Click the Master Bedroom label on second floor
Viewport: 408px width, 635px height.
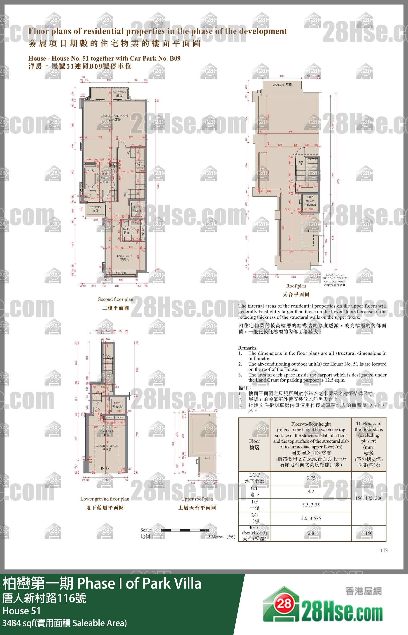pyautogui.click(x=114, y=118)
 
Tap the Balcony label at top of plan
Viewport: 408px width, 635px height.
pyautogui.click(x=119, y=94)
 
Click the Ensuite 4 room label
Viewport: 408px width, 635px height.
pyautogui.click(x=124, y=257)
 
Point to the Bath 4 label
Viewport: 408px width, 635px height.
pyautogui.click(x=128, y=231)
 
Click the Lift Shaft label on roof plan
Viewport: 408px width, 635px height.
pyautogui.click(x=310, y=201)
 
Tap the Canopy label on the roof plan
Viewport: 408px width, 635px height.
pyautogui.click(x=282, y=85)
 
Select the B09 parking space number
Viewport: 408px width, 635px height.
pyautogui.click(x=105, y=468)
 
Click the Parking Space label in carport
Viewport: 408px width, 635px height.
pyautogui.click(x=107, y=447)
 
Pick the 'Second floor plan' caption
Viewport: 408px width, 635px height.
pyautogui.click(x=116, y=299)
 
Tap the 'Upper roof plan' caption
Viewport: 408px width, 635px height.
pyautogui.click(x=197, y=499)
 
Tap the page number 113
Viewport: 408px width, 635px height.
pyautogui.click(x=384, y=550)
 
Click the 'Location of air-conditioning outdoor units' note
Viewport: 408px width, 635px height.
pyautogui.click(x=335, y=280)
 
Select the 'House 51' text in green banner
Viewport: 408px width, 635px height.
pyautogui.click(x=21, y=611)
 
